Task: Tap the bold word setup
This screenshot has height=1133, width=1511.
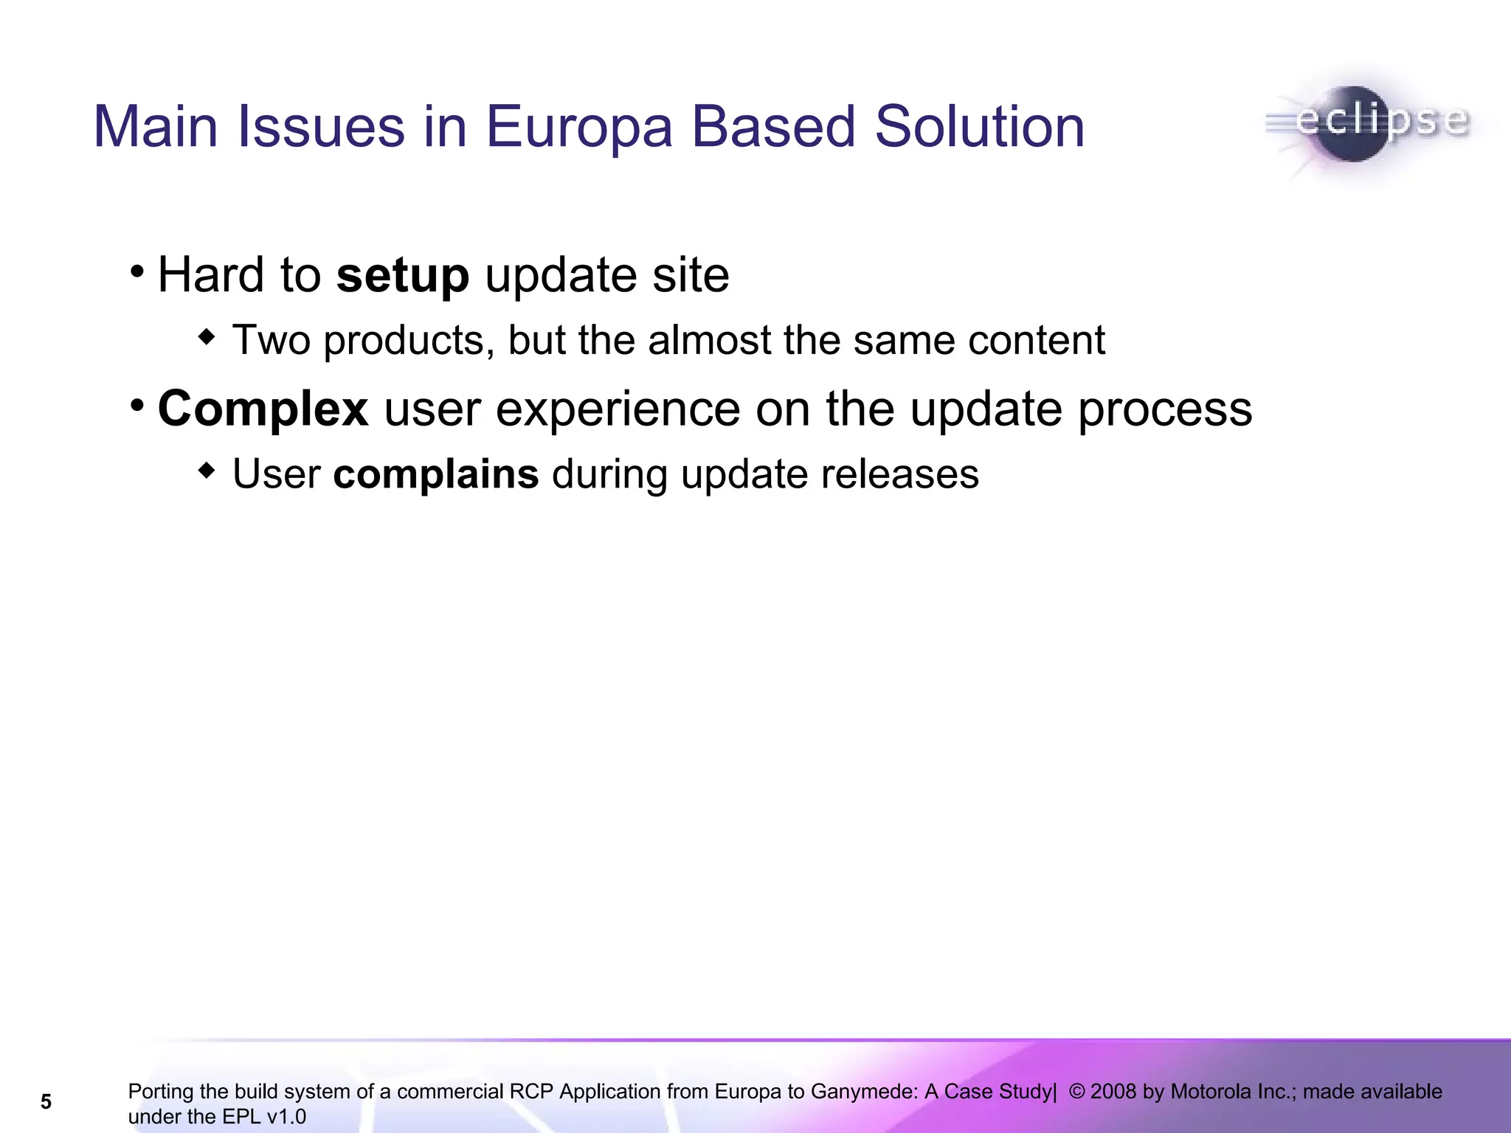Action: [x=402, y=276]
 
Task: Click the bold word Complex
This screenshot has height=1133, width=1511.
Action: [x=263, y=409]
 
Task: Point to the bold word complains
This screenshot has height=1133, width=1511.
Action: [x=435, y=474]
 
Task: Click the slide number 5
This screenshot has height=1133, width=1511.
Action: [x=46, y=1102]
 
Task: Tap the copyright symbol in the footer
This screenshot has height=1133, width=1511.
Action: [x=1076, y=1092]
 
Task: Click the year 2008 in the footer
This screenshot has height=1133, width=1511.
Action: [x=1113, y=1092]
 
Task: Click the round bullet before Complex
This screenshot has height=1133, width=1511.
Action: [x=136, y=404]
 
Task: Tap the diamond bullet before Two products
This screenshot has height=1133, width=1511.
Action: [x=207, y=337]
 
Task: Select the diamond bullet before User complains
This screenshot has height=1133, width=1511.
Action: [x=207, y=470]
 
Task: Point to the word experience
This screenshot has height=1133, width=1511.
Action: [x=618, y=409]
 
